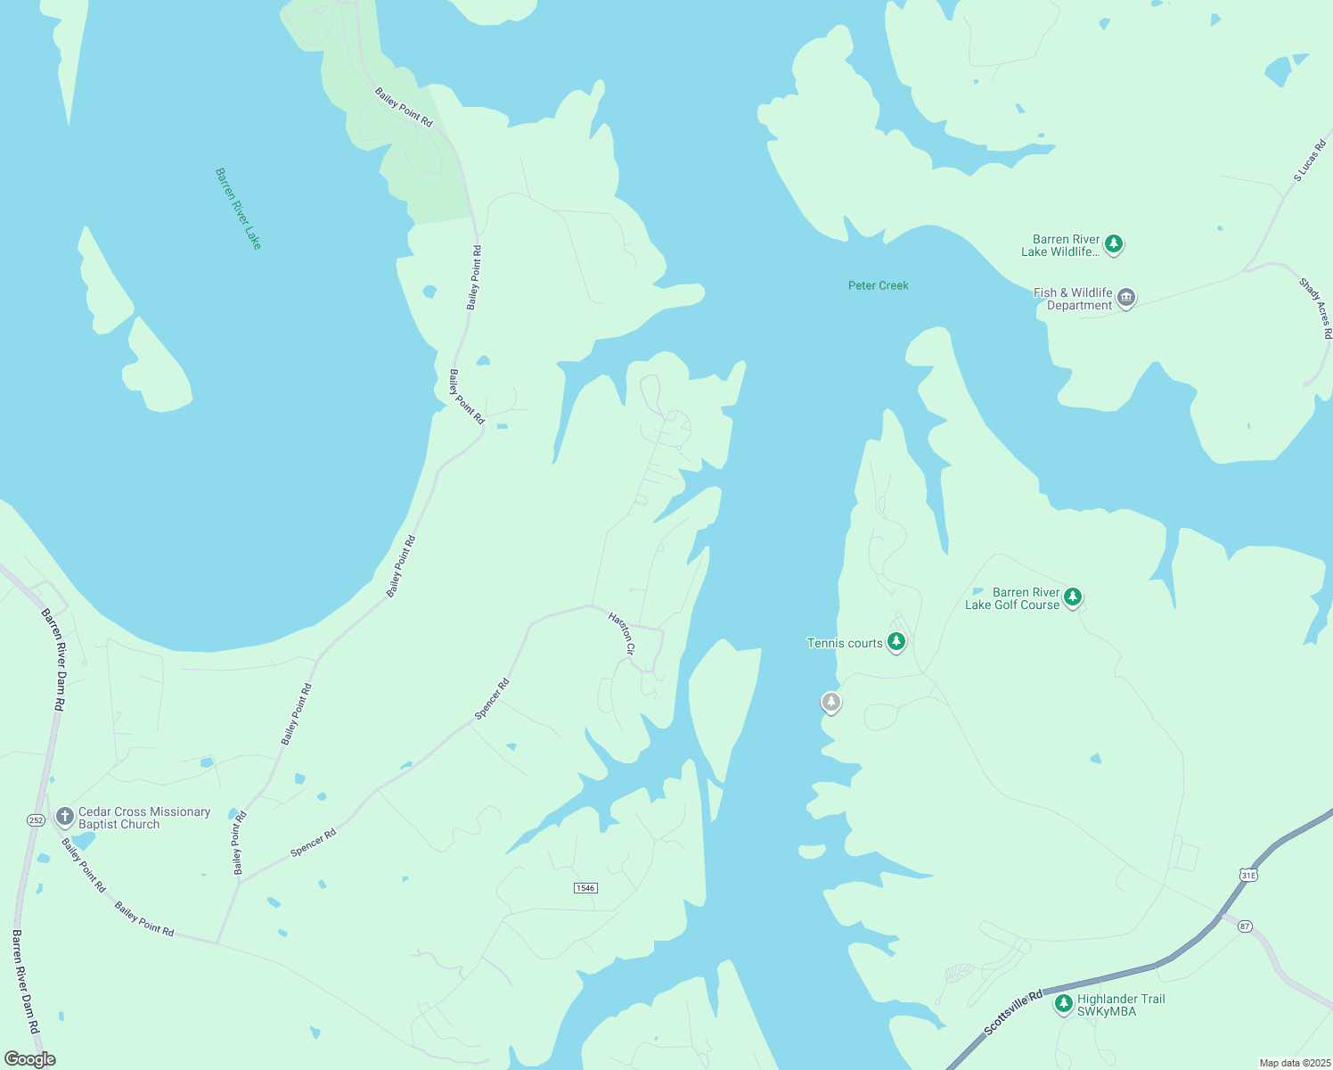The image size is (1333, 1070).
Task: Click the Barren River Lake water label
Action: click(x=239, y=209)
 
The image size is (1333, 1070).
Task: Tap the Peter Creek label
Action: click(x=878, y=285)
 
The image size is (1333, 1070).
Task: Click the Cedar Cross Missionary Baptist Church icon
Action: click(x=64, y=816)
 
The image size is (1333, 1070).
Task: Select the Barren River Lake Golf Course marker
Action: click(x=1073, y=597)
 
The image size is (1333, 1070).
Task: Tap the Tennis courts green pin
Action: click(x=896, y=642)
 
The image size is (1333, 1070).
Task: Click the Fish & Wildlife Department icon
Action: click(x=1126, y=298)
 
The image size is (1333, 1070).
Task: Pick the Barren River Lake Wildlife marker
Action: click(x=1113, y=243)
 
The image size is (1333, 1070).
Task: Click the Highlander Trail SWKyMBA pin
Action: click(x=1063, y=1004)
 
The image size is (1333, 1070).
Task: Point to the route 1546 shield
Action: click(x=585, y=888)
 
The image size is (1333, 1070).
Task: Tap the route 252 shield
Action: click(x=36, y=819)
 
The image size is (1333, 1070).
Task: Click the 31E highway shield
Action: click(x=1248, y=876)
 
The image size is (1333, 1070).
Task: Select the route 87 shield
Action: click(x=1245, y=926)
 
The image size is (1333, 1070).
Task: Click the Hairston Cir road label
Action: click(x=622, y=633)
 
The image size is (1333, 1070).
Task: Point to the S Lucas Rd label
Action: click(x=1310, y=161)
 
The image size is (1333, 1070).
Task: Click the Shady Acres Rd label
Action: click(x=1316, y=309)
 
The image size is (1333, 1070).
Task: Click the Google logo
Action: click(x=29, y=1059)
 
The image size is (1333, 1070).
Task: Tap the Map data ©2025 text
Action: click(x=1293, y=1063)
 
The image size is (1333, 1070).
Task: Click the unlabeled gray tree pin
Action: click(x=830, y=703)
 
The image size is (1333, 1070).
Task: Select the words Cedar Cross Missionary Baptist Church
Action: click(x=144, y=818)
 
